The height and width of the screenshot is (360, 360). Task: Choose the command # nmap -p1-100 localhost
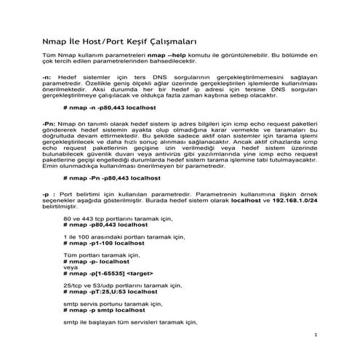pyautogui.click(x=105, y=247)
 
